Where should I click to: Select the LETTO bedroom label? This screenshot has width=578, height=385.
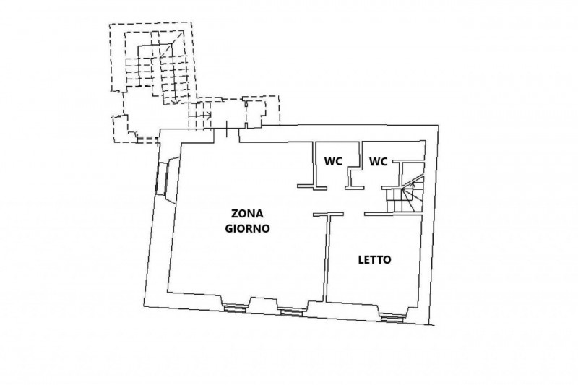point(375,260)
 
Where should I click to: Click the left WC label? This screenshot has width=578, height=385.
point(333,160)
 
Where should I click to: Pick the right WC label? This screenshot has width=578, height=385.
point(379,160)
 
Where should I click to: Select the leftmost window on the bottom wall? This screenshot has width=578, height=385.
point(235,308)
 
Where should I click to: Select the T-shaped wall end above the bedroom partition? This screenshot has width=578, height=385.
point(327,214)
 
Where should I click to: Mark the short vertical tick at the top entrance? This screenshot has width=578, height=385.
point(228,131)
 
